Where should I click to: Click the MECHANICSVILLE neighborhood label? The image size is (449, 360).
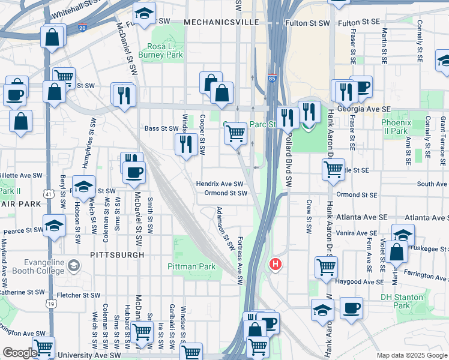coord(221,22)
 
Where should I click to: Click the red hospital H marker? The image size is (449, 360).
coord(276,263)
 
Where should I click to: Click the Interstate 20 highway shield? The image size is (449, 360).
coord(82,28)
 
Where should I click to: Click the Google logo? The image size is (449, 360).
coord(20,353)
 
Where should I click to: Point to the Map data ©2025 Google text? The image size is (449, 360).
coord(412,355)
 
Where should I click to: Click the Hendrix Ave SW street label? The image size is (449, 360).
coord(220,184)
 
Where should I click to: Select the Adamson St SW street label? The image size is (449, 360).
coord(225,229)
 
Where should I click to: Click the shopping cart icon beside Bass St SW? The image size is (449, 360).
coord(235,133)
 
